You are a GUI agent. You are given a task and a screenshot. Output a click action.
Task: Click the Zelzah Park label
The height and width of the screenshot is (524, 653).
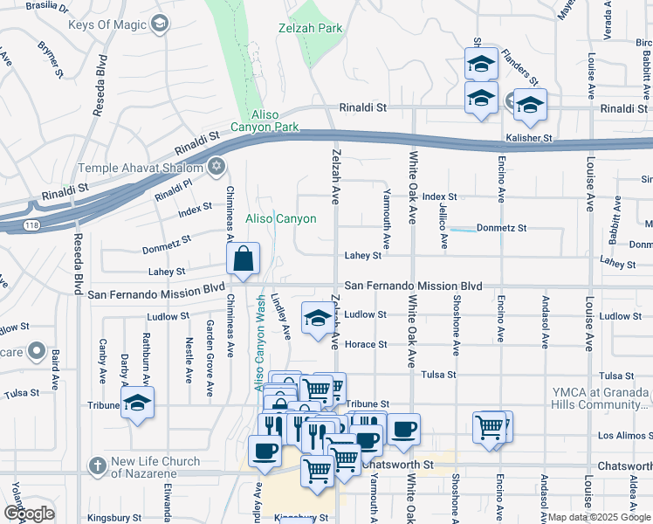point(318,29)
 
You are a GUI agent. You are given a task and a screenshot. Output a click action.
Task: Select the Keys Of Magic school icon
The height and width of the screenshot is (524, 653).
point(159,25)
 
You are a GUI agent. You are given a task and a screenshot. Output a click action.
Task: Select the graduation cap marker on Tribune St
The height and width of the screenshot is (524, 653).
point(136,403)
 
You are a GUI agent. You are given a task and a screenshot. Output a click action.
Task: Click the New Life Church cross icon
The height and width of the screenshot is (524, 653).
point(95,466)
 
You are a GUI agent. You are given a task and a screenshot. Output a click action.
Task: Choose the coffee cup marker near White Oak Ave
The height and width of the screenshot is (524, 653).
point(403,430)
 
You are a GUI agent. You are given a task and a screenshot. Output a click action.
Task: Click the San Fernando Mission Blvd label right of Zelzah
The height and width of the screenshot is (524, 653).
point(413,286)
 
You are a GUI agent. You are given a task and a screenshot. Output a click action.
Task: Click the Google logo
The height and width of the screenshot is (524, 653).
point(29,514)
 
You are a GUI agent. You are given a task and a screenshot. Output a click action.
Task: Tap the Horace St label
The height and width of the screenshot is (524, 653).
point(365,344)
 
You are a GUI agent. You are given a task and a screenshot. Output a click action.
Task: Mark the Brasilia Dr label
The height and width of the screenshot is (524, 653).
point(49,5)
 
